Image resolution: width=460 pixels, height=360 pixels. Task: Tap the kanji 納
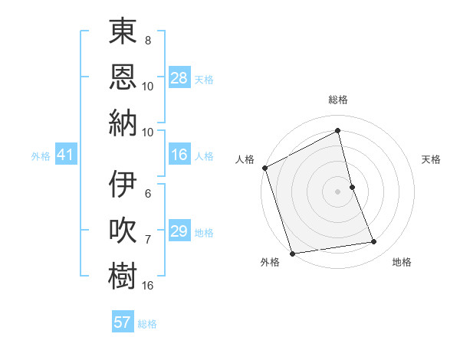(123, 123)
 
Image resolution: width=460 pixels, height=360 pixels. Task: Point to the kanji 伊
(123, 185)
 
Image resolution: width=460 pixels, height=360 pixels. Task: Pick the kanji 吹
(123, 231)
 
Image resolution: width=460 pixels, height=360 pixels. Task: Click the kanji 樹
(123, 277)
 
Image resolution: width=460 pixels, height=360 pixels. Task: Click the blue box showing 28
(179, 77)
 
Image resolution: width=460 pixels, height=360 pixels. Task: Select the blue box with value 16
(179, 155)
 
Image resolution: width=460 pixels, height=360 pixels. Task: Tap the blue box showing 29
(179, 231)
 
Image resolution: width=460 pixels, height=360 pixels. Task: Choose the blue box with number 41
(65, 155)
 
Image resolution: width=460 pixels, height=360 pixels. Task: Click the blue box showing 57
(122, 322)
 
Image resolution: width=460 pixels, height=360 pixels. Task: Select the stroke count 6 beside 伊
(148, 194)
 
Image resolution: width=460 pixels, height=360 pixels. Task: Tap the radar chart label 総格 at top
(338, 100)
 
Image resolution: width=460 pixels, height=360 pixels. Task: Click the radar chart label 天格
(431, 159)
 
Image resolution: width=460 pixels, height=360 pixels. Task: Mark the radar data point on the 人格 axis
(264, 168)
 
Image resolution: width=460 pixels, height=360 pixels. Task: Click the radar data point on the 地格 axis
(374, 242)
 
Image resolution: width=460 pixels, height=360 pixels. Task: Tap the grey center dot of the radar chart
(337, 191)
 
